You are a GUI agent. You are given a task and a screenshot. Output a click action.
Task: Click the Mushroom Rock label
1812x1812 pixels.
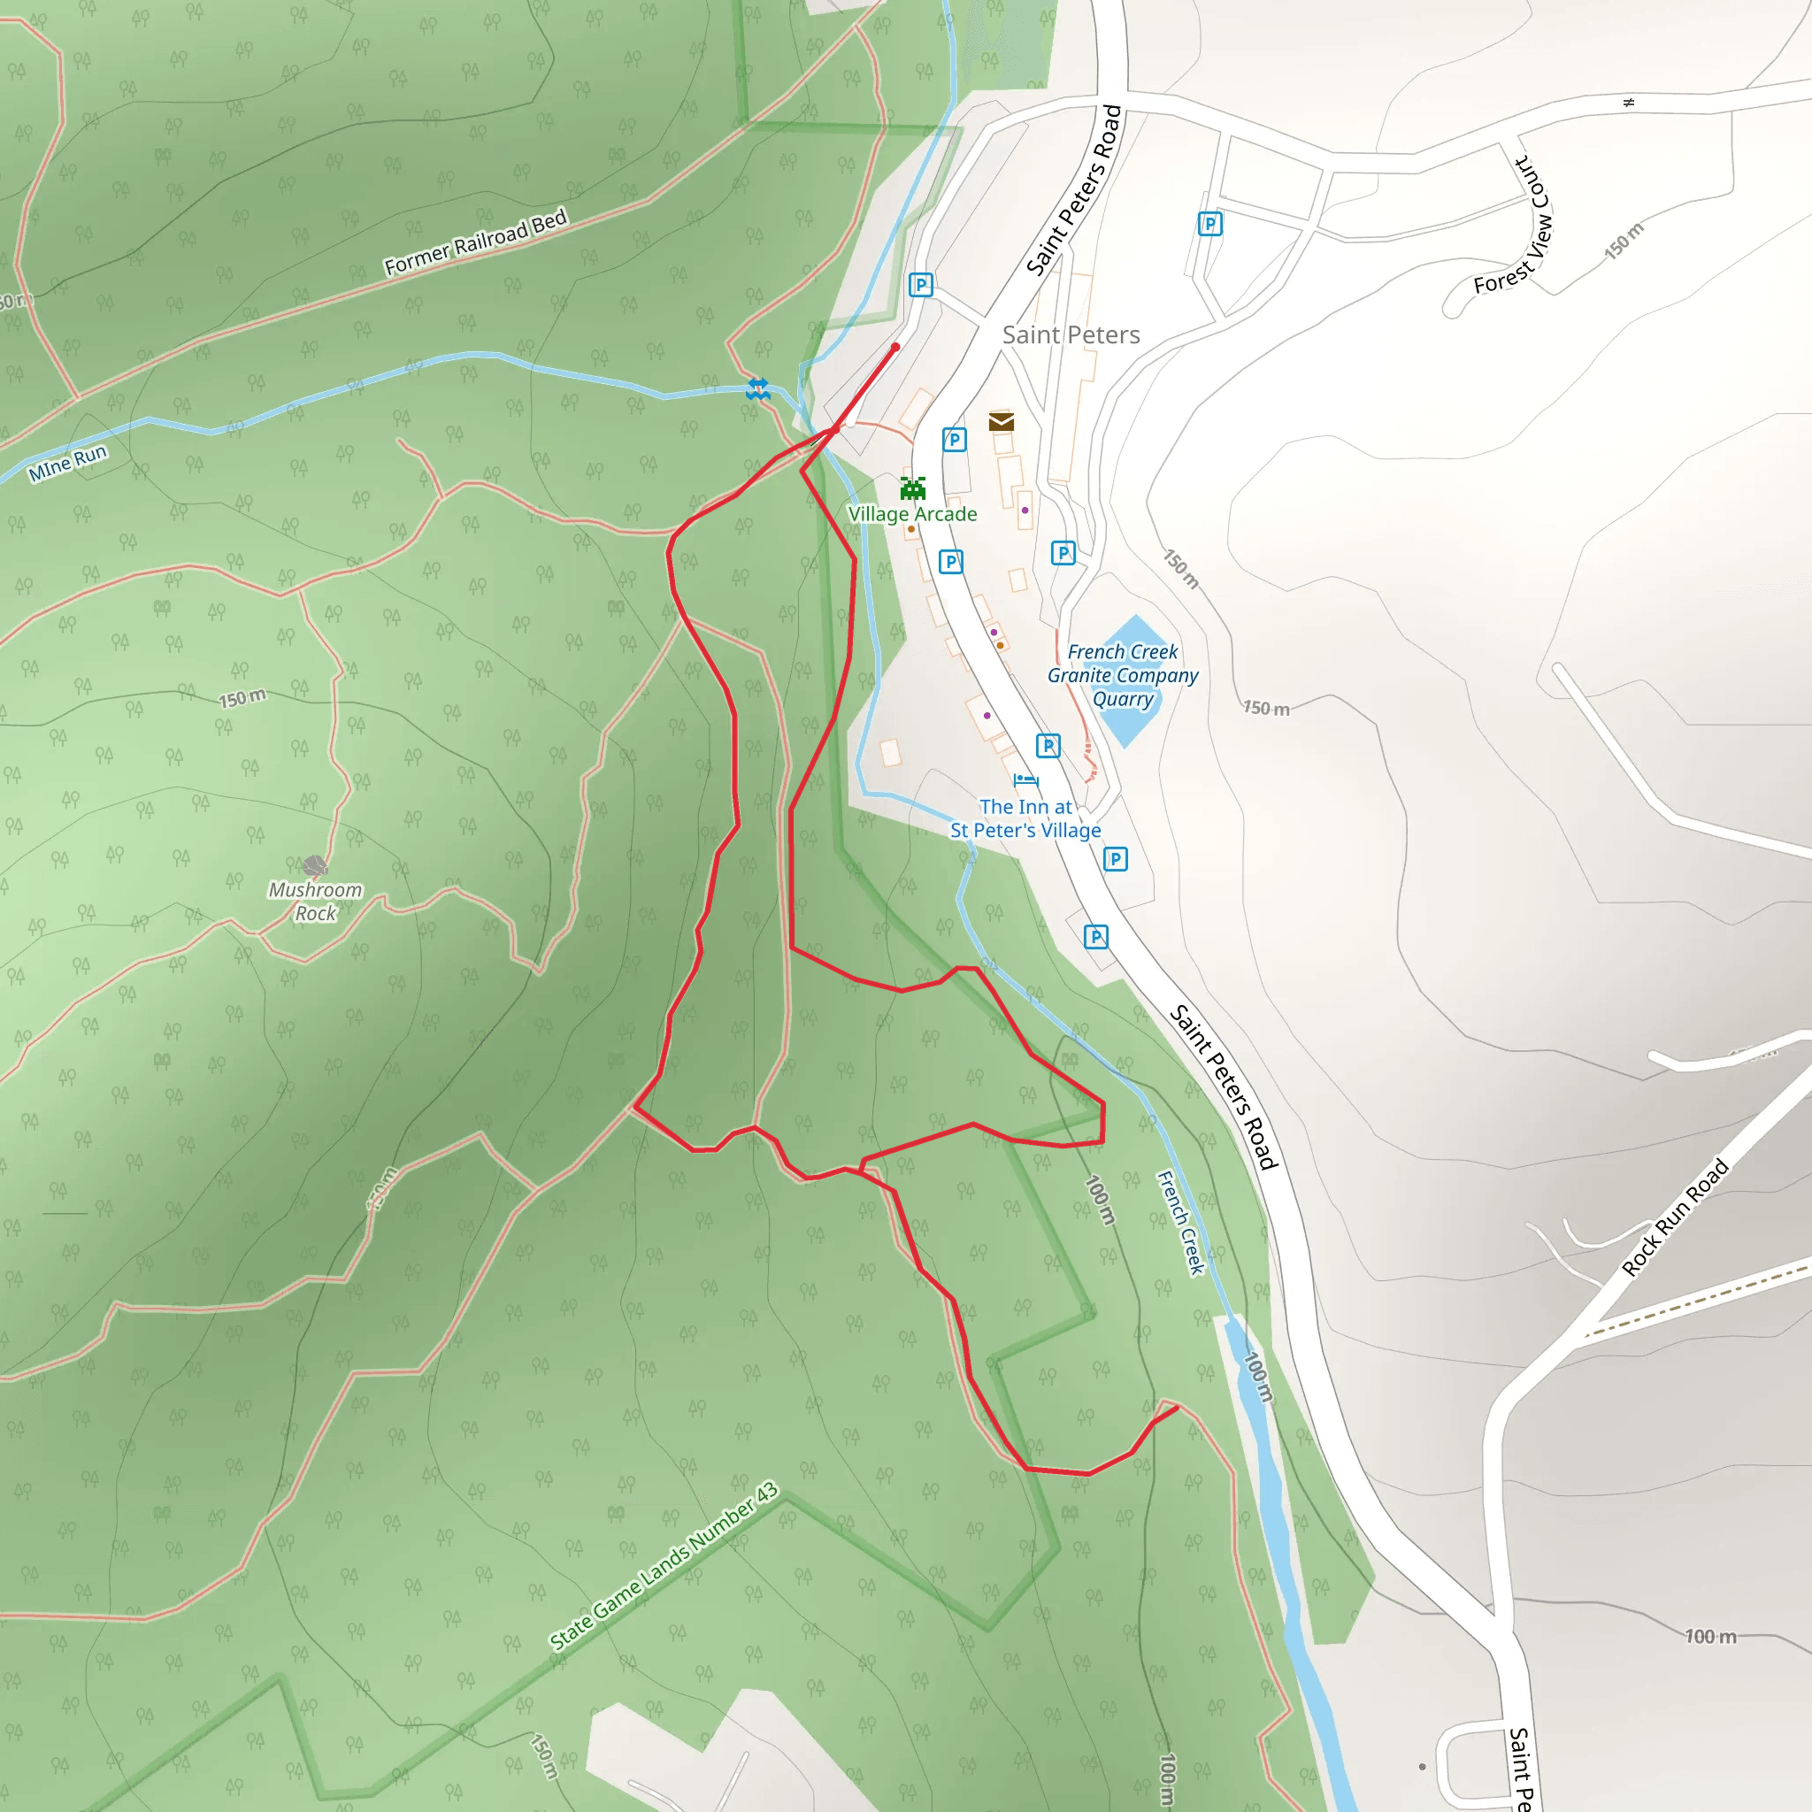[x=315, y=902]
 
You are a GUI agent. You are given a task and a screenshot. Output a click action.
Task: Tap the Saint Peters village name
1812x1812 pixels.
[x=1071, y=334]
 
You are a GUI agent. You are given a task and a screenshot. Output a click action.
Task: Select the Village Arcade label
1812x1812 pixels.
[x=912, y=514]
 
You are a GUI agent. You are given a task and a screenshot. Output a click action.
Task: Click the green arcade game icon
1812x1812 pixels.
[x=912, y=488]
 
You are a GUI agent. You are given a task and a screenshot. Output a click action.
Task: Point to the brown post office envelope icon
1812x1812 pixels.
[x=1001, y=422]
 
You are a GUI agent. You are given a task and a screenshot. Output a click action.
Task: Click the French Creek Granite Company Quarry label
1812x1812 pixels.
[x=1123, y=675]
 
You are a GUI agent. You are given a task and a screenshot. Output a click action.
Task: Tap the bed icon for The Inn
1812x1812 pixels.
[x=1025, y=780]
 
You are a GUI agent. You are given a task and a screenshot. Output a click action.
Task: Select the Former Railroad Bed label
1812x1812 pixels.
[x=477, y=242]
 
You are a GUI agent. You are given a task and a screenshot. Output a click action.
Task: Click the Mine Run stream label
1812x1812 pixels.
[x=67, y=464]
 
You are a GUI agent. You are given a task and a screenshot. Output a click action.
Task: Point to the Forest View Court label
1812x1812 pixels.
[x=1513, y=226]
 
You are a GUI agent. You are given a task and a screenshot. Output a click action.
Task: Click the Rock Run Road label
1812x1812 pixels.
[x=1675, y=1217]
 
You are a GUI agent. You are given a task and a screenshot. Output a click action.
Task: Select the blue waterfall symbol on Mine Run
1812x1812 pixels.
[x=758, y=389]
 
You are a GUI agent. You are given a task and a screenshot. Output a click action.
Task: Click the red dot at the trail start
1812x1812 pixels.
[x=895, y=347]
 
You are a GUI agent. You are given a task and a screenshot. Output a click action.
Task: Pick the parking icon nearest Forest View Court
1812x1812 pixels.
[x=1209, y=224]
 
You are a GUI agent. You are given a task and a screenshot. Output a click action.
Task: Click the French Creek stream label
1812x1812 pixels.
[x=1180, y=1222]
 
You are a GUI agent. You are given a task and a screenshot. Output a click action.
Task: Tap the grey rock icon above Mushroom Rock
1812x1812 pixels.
[x=315, y=865]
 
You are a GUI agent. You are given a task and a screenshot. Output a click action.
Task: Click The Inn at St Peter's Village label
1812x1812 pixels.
[x=1025, y=818]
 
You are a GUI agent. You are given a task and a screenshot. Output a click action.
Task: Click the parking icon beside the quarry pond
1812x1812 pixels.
[x=1063, y=553]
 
